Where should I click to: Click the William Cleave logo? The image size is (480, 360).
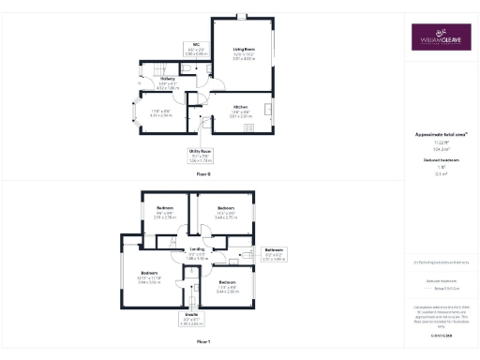click(x=441, y=39)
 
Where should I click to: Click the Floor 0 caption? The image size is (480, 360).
click(x=203, y=175)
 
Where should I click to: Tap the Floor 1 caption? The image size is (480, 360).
click(x=203, y=344)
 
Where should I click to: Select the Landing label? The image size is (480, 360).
click(x=197, y=254)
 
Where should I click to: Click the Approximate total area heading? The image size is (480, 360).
click(x=441, y=135)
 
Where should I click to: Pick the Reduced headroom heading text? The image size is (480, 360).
click(x=441, y=160)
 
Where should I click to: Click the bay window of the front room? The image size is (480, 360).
click(x=129, y=116)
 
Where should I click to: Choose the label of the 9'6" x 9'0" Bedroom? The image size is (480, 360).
click(x=164, y=211)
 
